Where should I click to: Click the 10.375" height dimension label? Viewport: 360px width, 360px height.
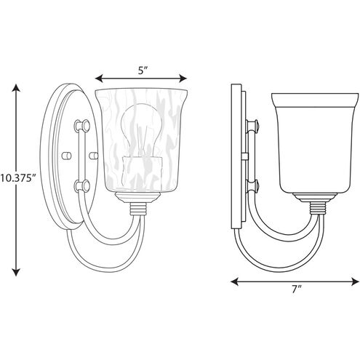[x=18, y=178]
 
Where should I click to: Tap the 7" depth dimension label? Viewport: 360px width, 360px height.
[x=296, y=289]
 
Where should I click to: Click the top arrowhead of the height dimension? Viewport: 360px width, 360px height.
[x=16, y=87]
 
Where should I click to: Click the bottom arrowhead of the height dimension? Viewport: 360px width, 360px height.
[x=16, y=272]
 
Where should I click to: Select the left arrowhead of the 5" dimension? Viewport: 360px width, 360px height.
[x=99, y=79]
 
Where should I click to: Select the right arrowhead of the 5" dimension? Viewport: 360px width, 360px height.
[x=183, y=79]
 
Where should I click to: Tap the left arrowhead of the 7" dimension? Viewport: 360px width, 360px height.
[x=234, y=281]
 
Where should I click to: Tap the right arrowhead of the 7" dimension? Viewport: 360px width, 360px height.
[x=355, y=281]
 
